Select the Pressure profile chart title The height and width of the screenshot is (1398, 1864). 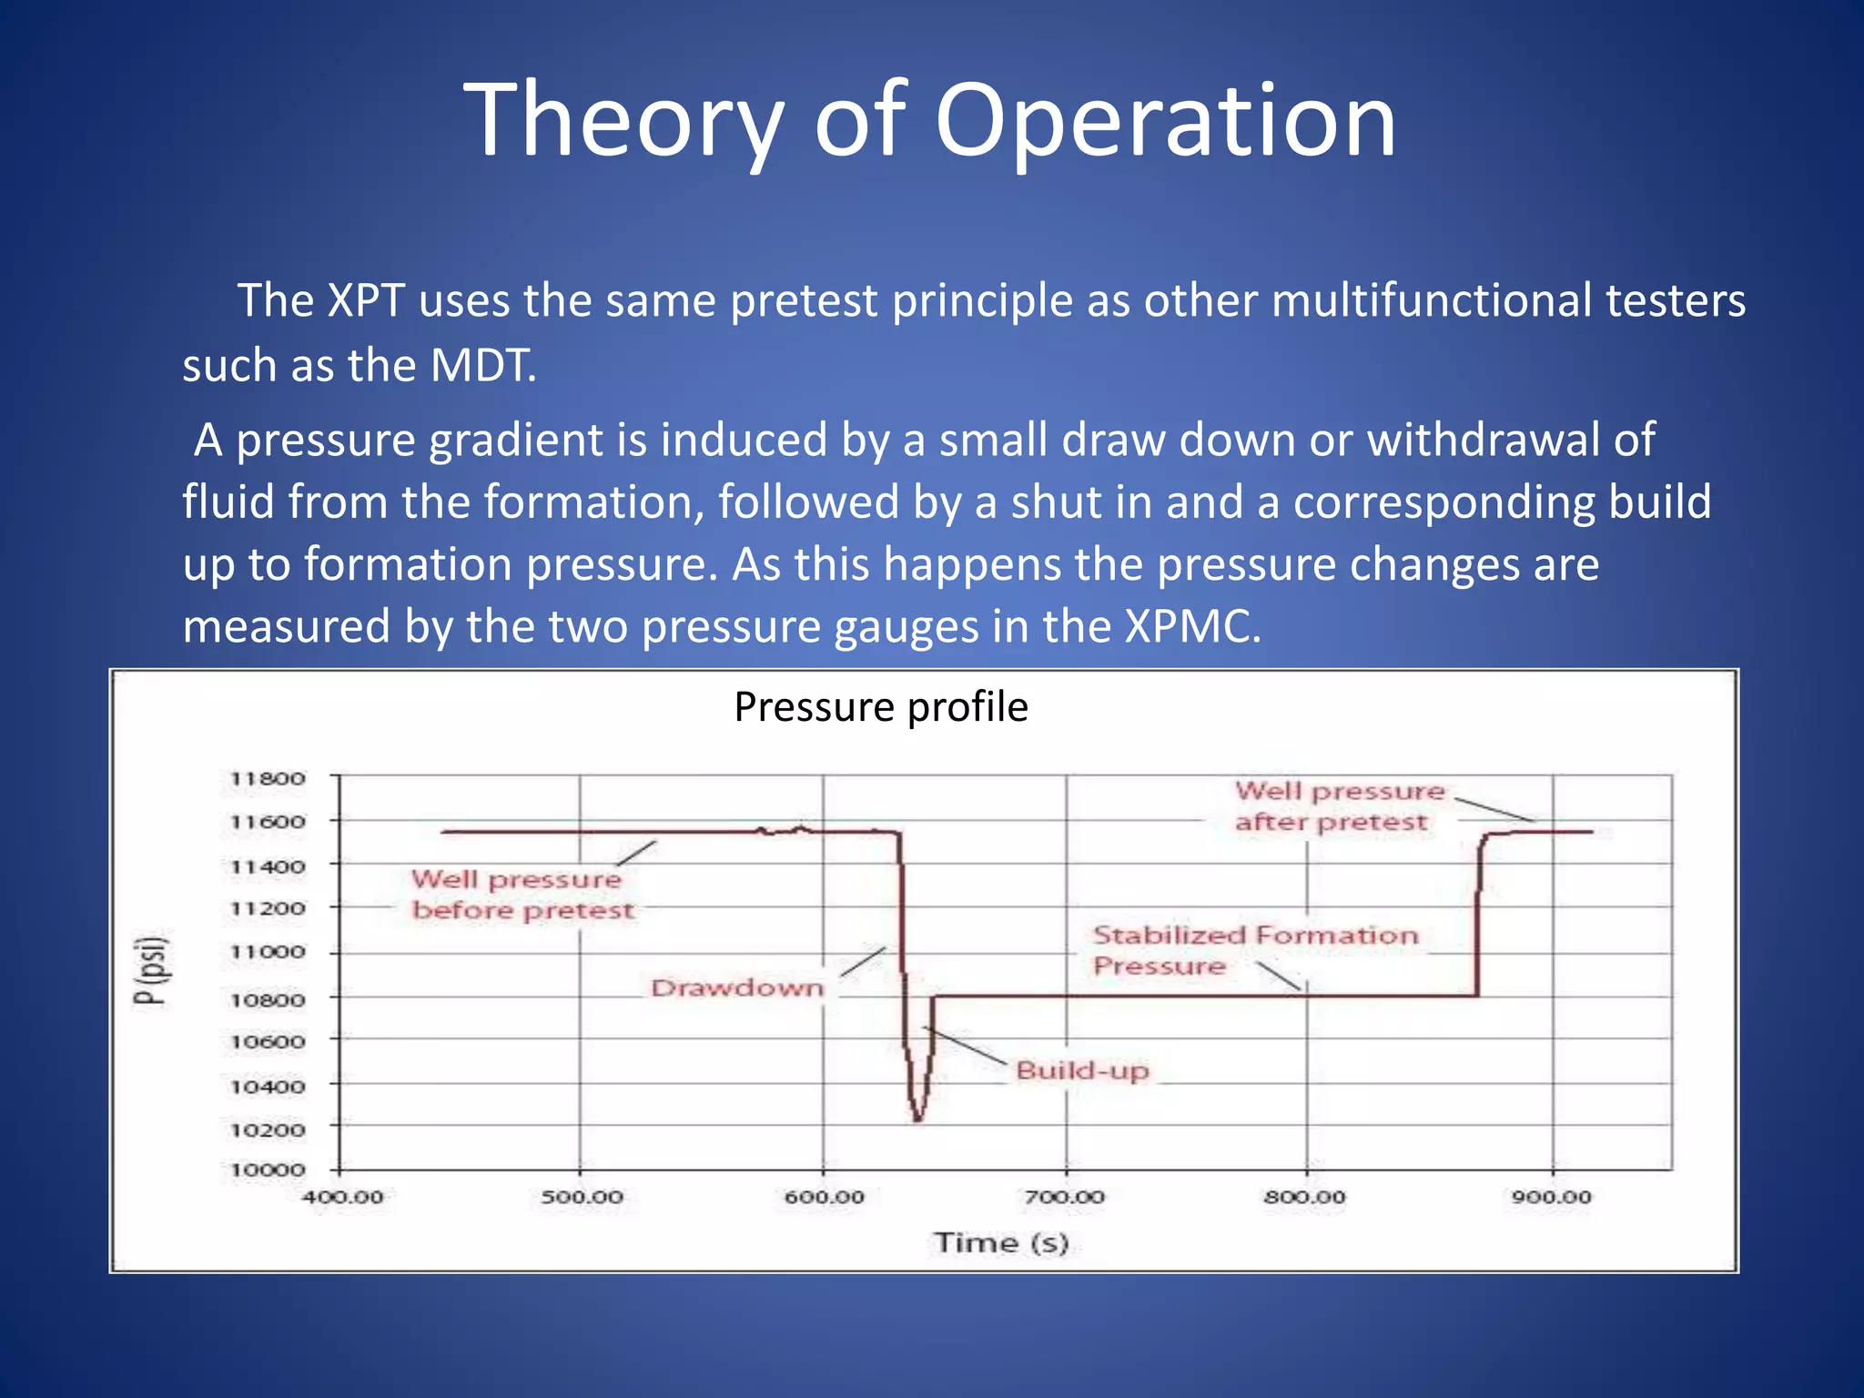click(x=880, y=707)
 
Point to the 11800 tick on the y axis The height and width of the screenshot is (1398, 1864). click(x=267, y=779)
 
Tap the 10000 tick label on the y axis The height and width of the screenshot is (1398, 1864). click(x=267, y=1170)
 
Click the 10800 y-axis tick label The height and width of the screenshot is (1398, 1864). click(x=267, y=999)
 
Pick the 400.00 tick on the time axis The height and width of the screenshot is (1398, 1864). click(x=342, y=1197)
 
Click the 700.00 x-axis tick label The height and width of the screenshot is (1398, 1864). click(x=1065, y=1197)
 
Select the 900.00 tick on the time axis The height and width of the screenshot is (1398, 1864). click(x=1551, y=1197)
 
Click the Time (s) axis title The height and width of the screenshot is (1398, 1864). click(x=1000, y=1242)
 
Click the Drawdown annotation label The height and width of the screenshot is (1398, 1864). click(x=736, y=988)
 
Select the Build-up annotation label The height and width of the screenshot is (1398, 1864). click(x=1081, y=1070)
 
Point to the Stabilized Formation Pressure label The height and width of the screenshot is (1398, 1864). click(x=1254, y=950)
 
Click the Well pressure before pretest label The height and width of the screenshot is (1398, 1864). click(x=521, y=895)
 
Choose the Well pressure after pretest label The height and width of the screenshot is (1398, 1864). click(x=1338, y=806)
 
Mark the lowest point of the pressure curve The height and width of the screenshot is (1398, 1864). click(x=917, y=1119)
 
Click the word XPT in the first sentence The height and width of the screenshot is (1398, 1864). click(x=366, y=300)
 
